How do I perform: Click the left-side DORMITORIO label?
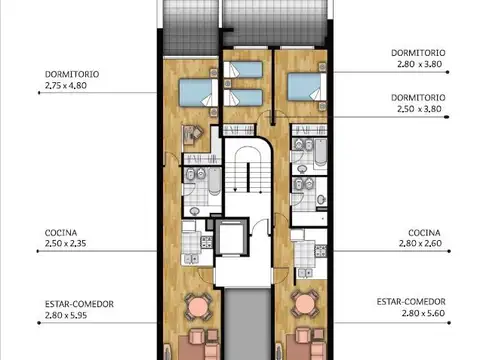click(x=72, y=73)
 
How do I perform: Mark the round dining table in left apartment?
click(x=199, y=307)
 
